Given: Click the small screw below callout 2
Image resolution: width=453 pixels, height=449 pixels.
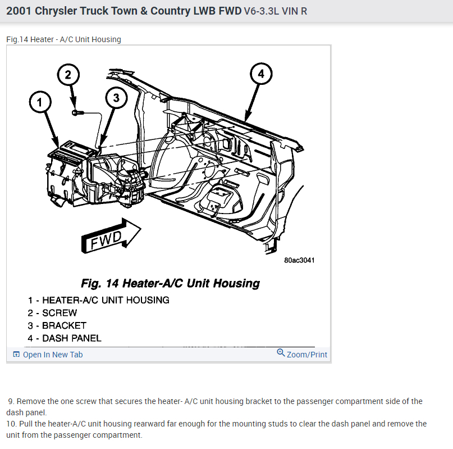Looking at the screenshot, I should [77, 113].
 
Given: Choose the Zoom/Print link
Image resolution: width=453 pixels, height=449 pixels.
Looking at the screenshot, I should [306, 355].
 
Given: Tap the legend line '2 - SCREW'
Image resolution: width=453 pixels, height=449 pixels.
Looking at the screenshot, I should [53, 313].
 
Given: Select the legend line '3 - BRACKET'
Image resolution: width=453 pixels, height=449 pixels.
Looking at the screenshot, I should [57, 325].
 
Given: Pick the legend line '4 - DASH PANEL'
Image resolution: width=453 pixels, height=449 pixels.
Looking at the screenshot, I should [65, 338].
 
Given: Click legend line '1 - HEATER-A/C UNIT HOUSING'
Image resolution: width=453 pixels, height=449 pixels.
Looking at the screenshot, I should [99, 300].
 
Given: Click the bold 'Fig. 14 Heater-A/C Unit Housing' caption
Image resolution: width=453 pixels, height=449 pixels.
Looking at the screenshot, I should [170, 283].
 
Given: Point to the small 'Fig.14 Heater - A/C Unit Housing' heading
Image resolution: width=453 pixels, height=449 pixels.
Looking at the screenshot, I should [63, 39].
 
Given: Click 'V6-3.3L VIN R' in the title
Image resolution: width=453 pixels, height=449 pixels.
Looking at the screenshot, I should [276, 11].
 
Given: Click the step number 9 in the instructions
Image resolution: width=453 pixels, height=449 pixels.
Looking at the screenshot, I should [11, 401].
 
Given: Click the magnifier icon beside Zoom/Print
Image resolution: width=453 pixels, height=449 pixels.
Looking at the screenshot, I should [281, 353].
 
